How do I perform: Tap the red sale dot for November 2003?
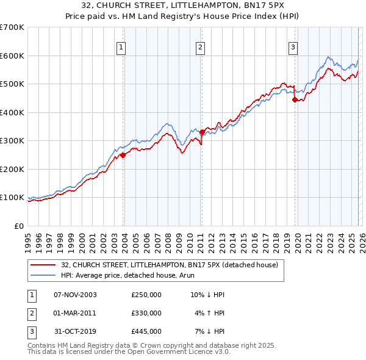[x=123, y=155]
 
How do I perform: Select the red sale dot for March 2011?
[x=202, y=132]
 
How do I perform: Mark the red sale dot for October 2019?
[x=295, y=99]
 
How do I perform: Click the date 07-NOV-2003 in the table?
[x=75, y=295]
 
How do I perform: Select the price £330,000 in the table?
[x=146, y=313]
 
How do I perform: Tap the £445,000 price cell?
[x=146, y=331]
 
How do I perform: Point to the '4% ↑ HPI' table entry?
[x=210, y=313]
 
